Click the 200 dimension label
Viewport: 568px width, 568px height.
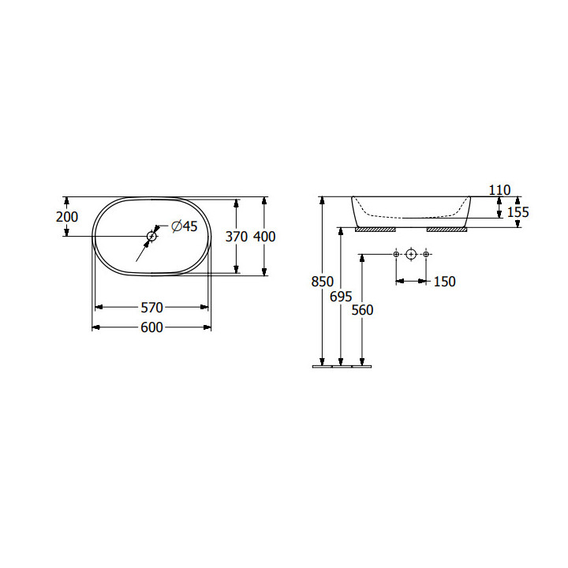pyautogui.click(x=67, y=217)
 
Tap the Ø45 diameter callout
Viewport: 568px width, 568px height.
pyautogui.click(x=185, y=226)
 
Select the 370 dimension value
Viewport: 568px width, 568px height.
pyautogui.click(x=237, y=237)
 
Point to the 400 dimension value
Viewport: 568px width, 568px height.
pyautogui.click(x=264, y=237)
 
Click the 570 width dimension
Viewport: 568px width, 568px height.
pyautogui.click(x=151, y=308)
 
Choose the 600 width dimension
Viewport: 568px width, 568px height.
pyautogui.click(x=151, y=327)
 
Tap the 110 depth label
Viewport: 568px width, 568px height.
pyautogui.click(x=500, y=190)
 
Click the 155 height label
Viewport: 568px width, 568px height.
pyautogui.click(x=518, y=212)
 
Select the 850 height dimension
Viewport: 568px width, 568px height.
pyautogui.click(x=323, y=282)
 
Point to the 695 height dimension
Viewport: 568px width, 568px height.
pyautogui.click(x=341, y=297)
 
